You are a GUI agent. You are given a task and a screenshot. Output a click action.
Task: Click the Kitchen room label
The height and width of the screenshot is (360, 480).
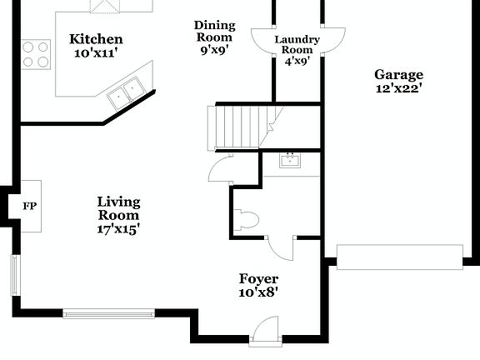coord(96,39)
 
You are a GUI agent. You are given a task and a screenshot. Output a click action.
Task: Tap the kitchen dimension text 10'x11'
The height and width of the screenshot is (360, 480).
coord(96,52)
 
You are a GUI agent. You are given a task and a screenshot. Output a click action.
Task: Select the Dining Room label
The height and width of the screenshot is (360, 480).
coord(214,31)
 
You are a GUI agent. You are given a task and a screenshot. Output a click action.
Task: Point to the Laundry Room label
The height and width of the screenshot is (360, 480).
coord(297,45)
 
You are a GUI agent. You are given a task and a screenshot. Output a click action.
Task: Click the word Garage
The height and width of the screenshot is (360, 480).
coord(398,74)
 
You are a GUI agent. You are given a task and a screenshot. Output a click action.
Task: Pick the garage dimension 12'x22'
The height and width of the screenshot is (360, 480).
coord(398,87)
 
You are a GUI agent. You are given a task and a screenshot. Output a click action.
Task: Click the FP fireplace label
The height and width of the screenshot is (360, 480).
coord(29,206)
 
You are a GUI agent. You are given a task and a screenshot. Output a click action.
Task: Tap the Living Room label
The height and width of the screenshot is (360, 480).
coord(118,208)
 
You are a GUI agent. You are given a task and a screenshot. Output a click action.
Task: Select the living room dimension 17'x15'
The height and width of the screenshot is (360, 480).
coord(118,228)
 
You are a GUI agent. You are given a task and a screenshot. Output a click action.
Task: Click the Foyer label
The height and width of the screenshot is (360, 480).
coord(258,278)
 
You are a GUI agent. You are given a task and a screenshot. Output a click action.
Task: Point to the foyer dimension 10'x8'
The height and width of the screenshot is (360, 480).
coord(258,292)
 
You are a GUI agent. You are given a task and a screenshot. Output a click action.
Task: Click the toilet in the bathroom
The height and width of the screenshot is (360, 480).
coord(248,220)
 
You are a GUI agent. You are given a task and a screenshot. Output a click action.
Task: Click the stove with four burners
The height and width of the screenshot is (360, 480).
coord(36,53)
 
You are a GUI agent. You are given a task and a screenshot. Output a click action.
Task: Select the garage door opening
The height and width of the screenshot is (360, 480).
coord(399,257)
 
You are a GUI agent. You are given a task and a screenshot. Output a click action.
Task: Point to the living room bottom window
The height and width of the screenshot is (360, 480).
coord(109,314)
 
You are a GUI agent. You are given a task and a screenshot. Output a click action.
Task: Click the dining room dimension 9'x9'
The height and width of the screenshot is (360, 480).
coord(214,49)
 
